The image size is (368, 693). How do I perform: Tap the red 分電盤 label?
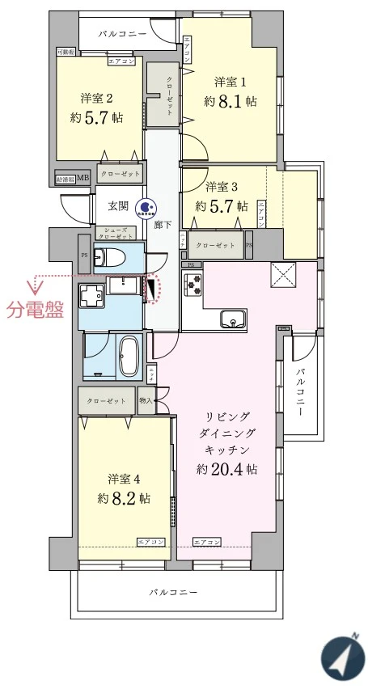pyautogui.click(x=35, y=310)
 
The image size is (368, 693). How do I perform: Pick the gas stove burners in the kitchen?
pyautogui.click(x=192, y=285)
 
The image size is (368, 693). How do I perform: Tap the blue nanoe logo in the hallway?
pyautogui.click(x=146, y=208)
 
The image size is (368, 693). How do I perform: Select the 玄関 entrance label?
pyautogui.click(x=118, y=206)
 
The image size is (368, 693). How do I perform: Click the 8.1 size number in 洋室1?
pyautogui.click(x=233, y=102)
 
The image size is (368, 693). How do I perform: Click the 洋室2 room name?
pyautogui.click(x=95, y=98)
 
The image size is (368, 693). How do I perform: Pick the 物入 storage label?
pyautogui.click(x=146, y=399)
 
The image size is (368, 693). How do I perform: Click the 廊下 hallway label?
pyautogui.click(x=162, y=225)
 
